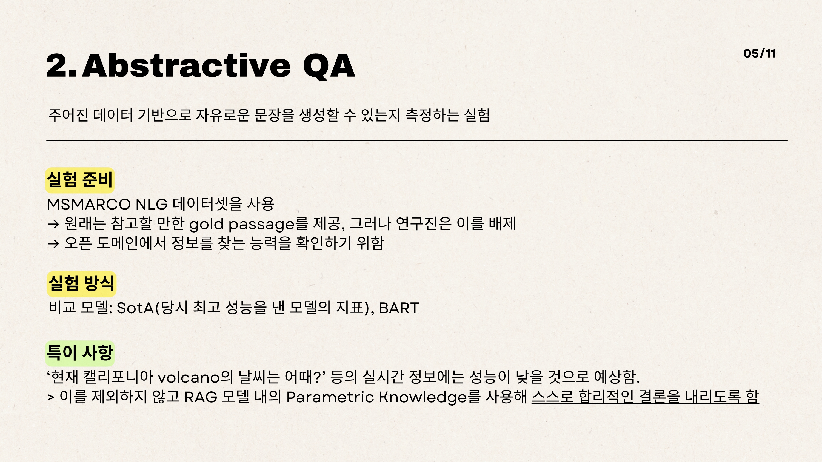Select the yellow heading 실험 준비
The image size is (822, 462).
click(x=80, y=180)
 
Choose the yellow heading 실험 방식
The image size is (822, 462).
click(x=81, y=283)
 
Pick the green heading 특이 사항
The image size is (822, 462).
click(x=80, y=353)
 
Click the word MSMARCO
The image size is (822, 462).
click(x=89, y=204)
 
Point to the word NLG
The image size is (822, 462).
click(x=152, y=204)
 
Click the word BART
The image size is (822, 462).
click(x=399, y=308)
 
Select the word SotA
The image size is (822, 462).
click(x=135, y=308)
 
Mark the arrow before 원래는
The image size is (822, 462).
click(x=53, y=224)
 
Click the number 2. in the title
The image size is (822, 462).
click(x=62, y=66)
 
